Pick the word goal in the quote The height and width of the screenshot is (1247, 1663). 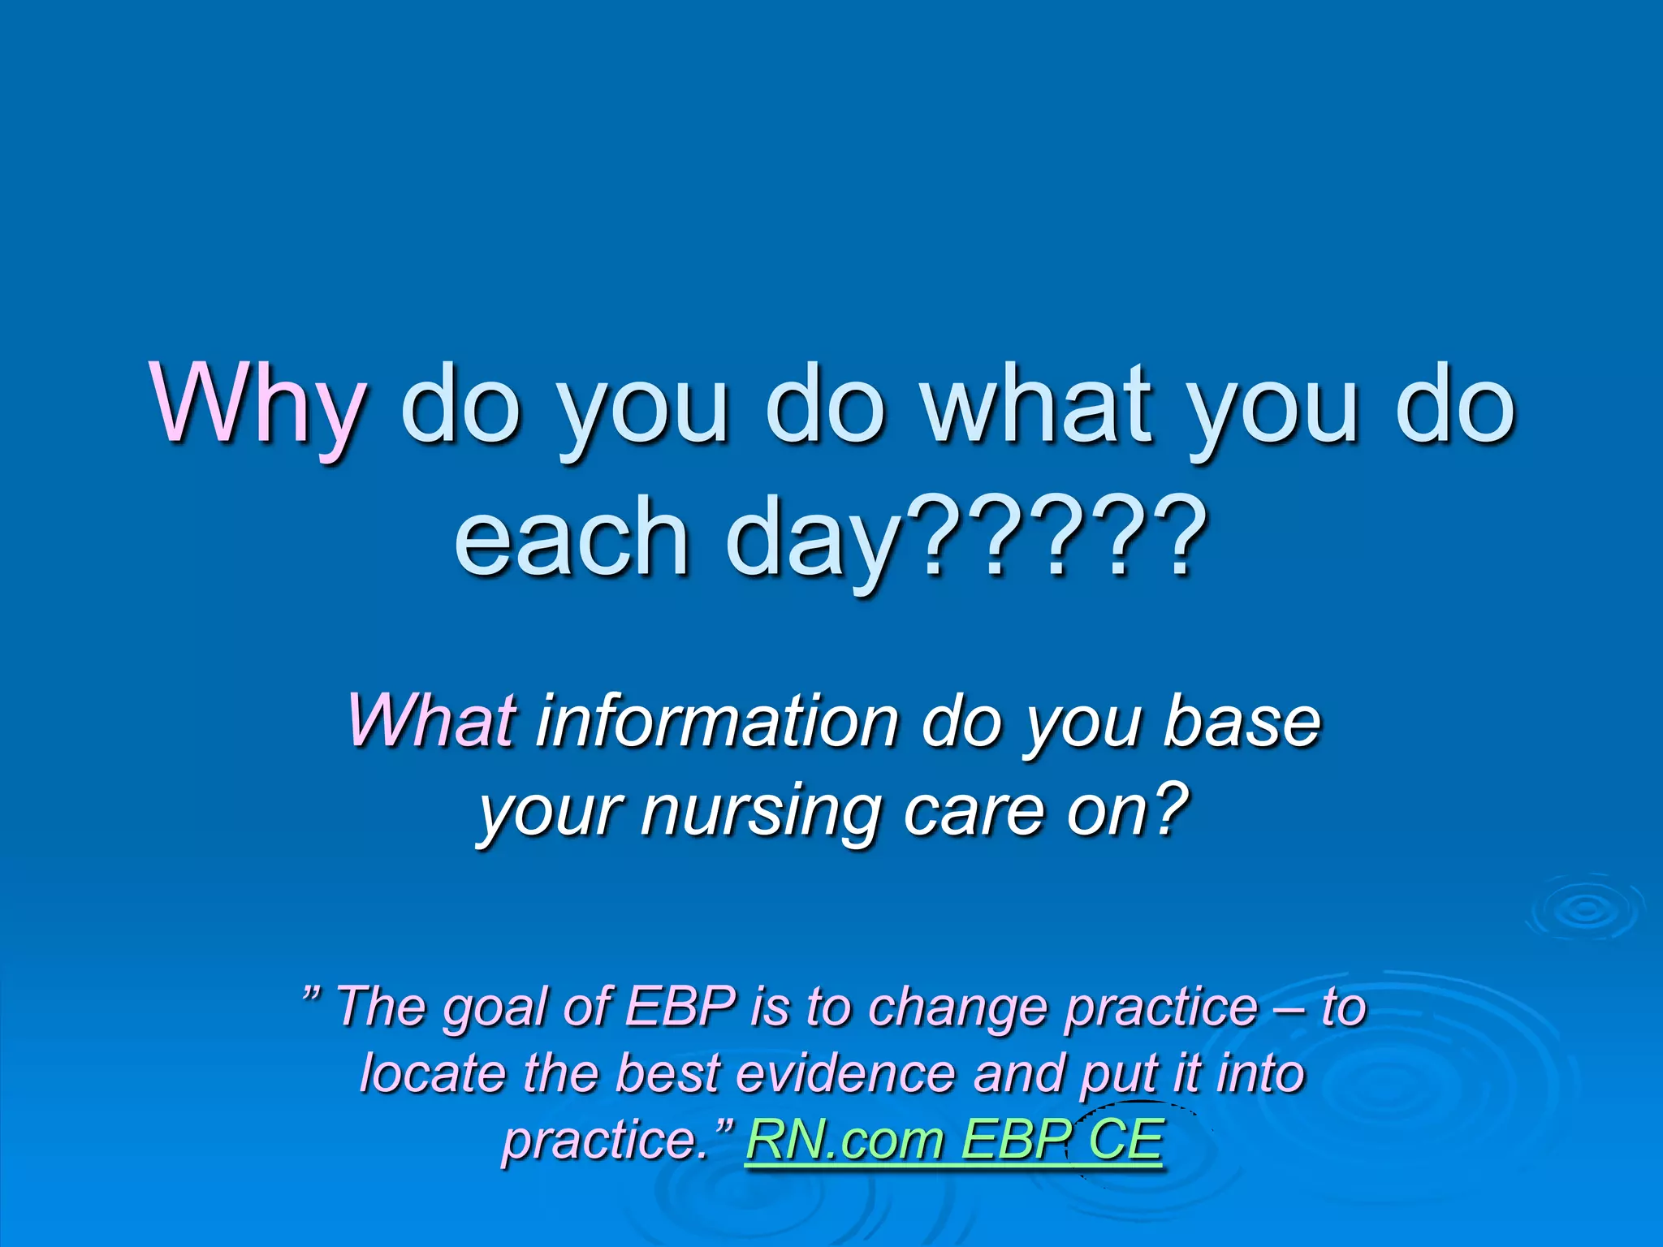coord(495,1008)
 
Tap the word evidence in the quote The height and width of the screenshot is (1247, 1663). coord(844,1072)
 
